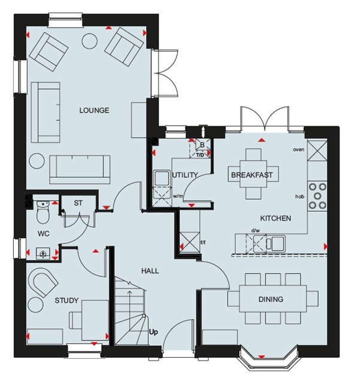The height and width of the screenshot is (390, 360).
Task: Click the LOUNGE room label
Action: click(94, 110)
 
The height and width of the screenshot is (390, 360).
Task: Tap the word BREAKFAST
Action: click(252, 175)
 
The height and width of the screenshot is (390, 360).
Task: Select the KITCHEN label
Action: click(276, 218)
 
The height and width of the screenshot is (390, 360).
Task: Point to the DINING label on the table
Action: click(271, 299)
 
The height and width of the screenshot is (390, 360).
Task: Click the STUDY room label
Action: click(66, 300)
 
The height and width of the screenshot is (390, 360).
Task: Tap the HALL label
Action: click(150, 271)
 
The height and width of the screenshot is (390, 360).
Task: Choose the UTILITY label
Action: click(185, 175)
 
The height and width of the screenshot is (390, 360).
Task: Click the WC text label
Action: click(44, 233)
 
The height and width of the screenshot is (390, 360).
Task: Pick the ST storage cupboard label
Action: click(78, 203)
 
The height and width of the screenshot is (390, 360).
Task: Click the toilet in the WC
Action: click(43, 212)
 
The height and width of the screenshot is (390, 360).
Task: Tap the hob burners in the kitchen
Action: click(317, 196)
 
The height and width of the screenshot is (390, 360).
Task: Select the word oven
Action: click(298, 150)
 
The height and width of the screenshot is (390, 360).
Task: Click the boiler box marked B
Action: click(202, 145)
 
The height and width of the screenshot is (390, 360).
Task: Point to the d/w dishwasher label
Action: click(255, 230)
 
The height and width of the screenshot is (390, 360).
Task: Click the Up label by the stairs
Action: click(154, 332)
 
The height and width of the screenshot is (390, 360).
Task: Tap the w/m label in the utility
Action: click(178, 196)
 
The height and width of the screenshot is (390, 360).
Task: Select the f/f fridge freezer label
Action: click(203, 242)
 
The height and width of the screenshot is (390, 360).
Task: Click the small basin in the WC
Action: click(43, 254)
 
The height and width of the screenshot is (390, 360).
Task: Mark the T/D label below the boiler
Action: click(200, 155)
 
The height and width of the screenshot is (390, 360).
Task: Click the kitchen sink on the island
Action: click(276, 244)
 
